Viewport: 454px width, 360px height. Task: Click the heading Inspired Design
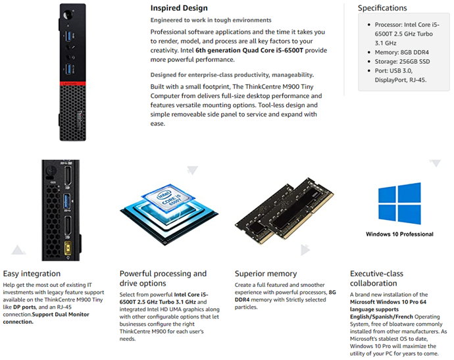pos(179,9)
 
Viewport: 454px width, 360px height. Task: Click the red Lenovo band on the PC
pos(76,85)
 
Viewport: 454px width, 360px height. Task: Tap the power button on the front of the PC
pos(65,14)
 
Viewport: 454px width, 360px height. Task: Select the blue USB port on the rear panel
pos(67,201)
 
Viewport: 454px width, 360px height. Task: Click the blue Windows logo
pos(399,203)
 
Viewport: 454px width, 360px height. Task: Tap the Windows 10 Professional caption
pos(399,234)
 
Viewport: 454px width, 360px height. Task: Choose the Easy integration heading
pos(32,273)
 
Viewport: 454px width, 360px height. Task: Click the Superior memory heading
pos(265,273)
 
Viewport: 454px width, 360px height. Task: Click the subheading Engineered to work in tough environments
pos(211,20)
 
